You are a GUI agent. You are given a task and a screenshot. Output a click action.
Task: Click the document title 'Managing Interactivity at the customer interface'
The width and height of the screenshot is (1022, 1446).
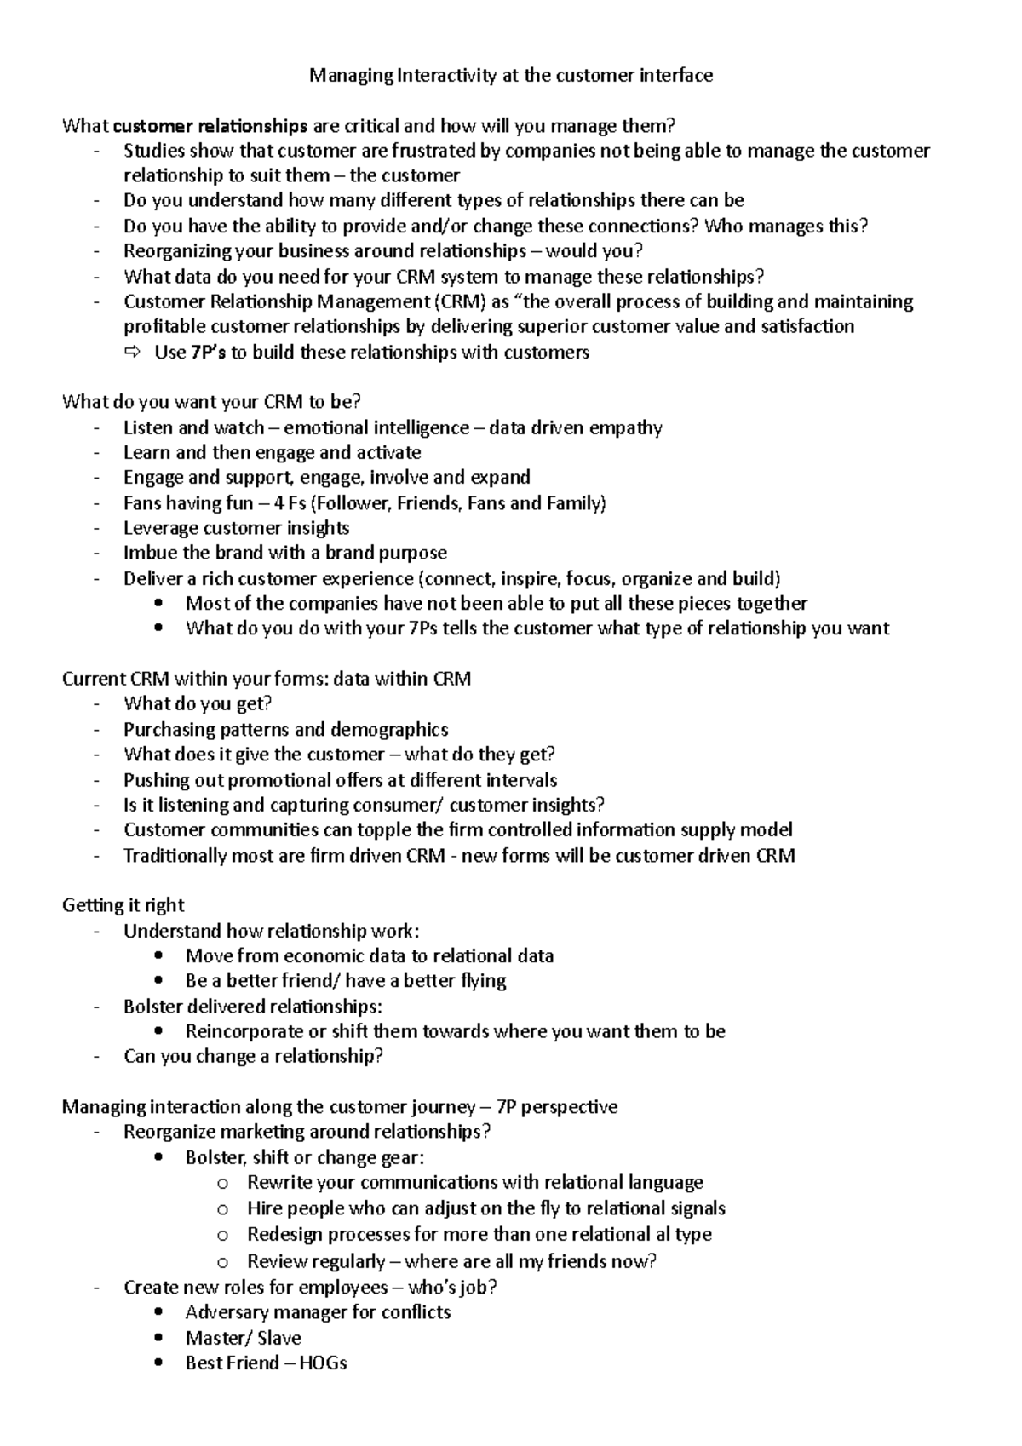point(511,76)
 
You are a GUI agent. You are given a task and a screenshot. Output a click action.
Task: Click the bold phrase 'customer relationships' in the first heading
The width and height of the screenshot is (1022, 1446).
point(210,127)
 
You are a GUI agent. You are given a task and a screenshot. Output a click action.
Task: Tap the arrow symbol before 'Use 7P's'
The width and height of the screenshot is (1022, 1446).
point(135,353)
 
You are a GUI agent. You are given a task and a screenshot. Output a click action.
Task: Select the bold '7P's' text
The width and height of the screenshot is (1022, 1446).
point(208,353)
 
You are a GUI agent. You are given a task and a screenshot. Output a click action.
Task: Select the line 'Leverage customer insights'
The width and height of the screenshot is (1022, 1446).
point(236,528)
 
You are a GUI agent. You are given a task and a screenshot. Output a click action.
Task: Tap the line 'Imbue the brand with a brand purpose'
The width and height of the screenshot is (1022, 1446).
point(284,553)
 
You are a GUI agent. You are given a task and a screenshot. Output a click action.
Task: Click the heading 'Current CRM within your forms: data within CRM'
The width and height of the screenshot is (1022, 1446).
point(266,679)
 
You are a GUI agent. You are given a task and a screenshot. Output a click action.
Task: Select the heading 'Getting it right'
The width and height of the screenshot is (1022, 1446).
point(123,905)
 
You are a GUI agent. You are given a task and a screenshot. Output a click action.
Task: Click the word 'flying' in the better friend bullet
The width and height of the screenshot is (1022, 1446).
point(483,981)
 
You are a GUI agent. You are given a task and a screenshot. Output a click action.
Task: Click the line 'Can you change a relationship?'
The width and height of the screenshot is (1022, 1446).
point(253,1057)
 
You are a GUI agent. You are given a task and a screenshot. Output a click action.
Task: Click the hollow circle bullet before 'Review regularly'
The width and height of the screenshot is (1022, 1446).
point(222,1261)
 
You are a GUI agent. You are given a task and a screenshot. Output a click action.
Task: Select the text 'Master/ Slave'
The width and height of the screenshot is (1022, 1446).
point(243,1338)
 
